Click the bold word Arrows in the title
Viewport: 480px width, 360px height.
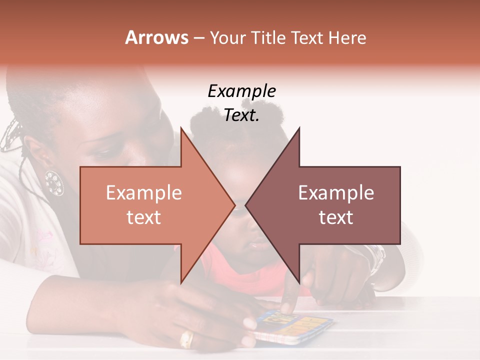[x=157, y=37]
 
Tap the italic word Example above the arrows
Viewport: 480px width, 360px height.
[x=241, y=91]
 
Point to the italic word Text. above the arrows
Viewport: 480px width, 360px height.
[x=241, y=115]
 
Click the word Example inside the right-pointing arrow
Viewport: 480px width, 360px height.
[x=144, y=192]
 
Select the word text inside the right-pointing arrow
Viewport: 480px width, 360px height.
[x=144, y=217]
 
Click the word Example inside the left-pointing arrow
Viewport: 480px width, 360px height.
[x=336, y=192]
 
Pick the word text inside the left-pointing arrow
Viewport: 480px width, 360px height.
[x=336, y=217]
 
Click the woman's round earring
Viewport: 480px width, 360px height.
[x=54, y=183]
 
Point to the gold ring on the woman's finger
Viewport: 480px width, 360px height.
[x=186, y=339]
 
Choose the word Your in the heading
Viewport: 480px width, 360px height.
[x=226, y=37]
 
